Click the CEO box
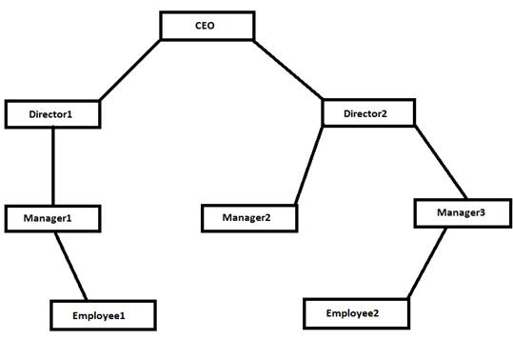click(207, 26)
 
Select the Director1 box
click(52, 114)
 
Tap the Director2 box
click(368, 112)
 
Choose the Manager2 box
click(249, 218)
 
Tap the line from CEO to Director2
click(290, 70)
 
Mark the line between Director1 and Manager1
click(52, 166)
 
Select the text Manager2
click(247, 218)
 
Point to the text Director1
click(51, 114)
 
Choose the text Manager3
click(461, 212)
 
